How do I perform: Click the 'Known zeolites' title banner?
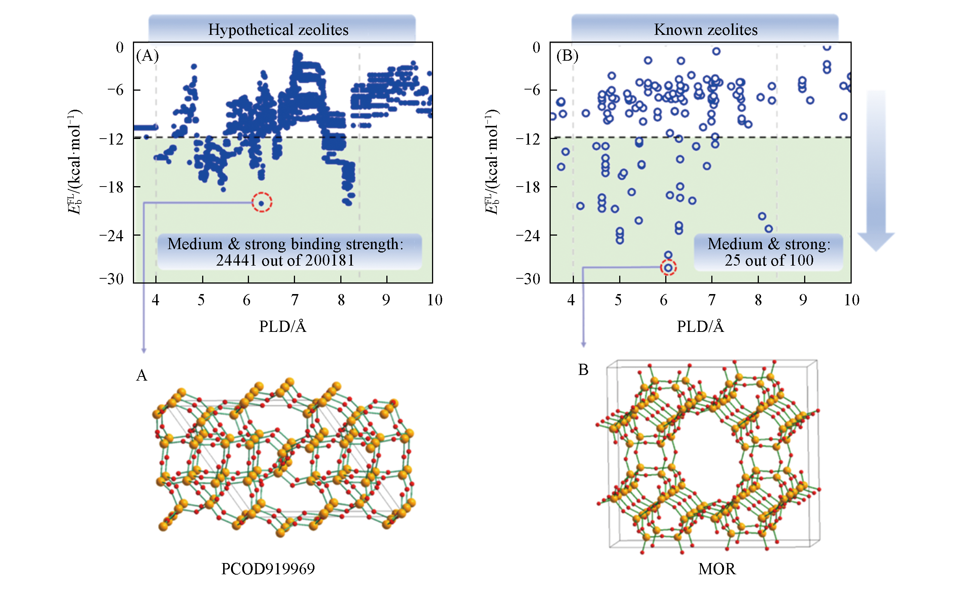705,30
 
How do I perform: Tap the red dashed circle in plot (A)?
262,203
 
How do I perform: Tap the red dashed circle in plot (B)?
668,268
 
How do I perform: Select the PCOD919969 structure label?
268,569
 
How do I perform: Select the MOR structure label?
717,569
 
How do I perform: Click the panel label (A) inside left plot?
147,56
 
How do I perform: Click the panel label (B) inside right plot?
567,56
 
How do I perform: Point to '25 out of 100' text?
769,260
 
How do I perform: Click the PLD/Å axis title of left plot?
283,327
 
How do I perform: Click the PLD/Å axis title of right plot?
700,327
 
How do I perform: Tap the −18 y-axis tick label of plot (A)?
111,187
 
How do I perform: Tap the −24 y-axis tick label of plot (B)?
528,236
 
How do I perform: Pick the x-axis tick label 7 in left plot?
295,300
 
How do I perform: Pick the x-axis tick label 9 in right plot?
803,300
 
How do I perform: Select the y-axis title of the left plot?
74,161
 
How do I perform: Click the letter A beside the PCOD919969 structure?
142,375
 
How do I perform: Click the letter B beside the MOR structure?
583,369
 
